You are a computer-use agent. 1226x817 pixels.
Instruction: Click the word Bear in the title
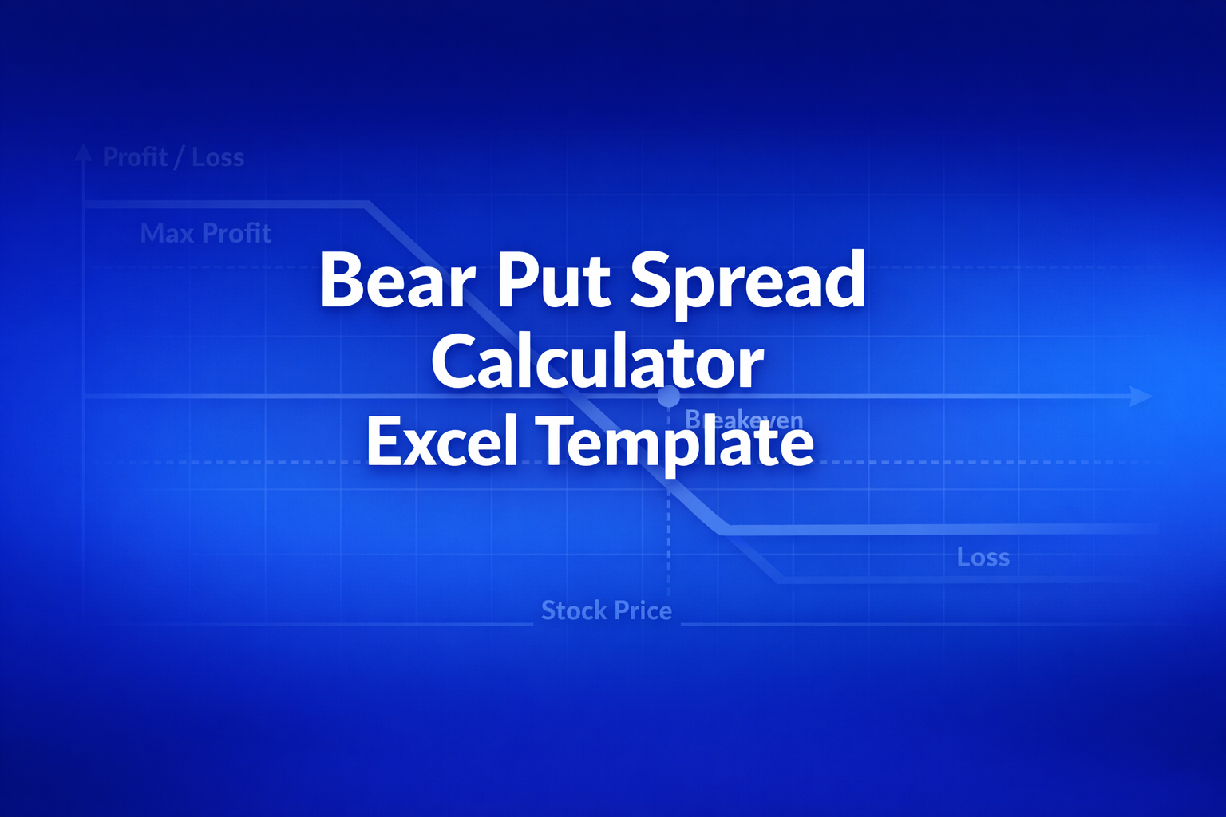[397, 281]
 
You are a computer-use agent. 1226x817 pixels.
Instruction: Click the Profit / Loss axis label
[173, 157]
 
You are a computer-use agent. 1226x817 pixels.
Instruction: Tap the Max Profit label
[206, 233]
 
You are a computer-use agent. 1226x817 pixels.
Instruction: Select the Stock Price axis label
[607, 610]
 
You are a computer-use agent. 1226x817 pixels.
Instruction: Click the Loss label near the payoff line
[983, 557]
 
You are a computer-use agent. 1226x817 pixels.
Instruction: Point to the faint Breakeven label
[744, 420]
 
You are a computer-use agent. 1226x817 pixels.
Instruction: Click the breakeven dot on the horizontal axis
[669, 396]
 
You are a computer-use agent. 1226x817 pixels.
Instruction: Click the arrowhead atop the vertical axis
[83, 152]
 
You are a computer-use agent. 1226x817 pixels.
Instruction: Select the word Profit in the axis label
[135, 157]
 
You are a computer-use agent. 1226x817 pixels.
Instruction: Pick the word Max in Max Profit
[167, 233]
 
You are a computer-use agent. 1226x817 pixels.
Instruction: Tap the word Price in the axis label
[643, 610]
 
